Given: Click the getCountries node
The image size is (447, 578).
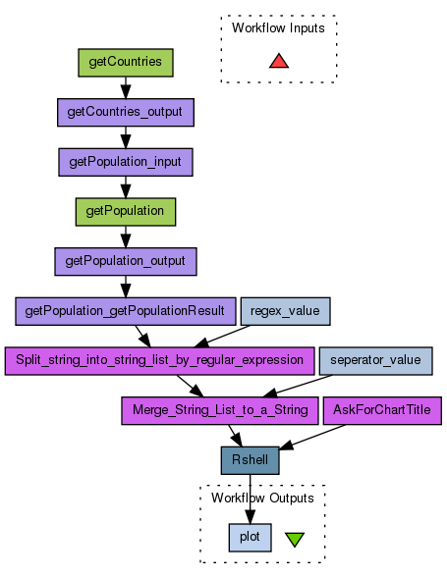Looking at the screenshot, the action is click(126, 63).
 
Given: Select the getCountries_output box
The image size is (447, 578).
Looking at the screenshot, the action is click(126, 113).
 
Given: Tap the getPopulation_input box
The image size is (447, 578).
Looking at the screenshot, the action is click(126, 162).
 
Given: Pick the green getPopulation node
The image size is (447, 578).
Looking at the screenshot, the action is click(126, 212).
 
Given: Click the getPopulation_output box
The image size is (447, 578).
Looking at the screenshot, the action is click(126, 262).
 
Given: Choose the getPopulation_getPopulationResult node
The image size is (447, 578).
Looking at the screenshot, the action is click(126, 311).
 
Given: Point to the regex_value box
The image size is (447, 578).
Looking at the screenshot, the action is click(285, 311).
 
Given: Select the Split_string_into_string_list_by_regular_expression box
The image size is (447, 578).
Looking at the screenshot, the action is click(159, 361).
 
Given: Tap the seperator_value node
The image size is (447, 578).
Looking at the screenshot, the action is click(375, 361).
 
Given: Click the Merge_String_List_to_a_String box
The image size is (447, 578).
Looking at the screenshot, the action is click(220, 410).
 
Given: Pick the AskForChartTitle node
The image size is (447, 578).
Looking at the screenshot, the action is click(382, 410).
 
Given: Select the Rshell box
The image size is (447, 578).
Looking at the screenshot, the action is click(250, 460).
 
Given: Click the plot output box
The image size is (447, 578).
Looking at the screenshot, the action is click(250, 538).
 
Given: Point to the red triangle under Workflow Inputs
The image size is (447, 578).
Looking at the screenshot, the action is click(279, 62).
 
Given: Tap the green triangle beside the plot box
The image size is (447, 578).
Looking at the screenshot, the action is click(295, 539).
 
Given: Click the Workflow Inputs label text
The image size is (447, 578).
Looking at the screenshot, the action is click(278, 28).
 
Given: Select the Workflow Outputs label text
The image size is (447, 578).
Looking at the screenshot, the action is click(262, 498).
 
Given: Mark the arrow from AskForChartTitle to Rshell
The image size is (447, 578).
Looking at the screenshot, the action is click(312, 437).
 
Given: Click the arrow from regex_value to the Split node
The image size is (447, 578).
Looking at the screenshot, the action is click(222, 337).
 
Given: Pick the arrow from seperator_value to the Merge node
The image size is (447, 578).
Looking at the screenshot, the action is click(298, 386).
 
